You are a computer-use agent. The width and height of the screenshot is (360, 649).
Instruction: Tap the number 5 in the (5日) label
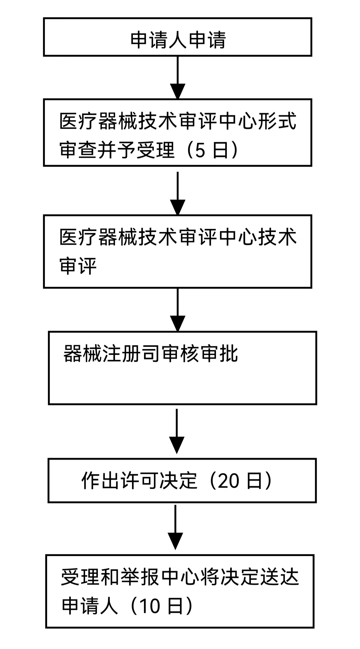(x=200, y=150)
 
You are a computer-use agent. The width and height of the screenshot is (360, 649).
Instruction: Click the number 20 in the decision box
(x=228, y=481)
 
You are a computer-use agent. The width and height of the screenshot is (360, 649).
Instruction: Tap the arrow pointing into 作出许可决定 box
(x=177, y=445)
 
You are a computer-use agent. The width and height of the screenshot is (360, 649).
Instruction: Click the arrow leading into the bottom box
(x=175, y=541)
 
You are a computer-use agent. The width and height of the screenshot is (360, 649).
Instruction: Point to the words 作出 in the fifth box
(x=100, y=481)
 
